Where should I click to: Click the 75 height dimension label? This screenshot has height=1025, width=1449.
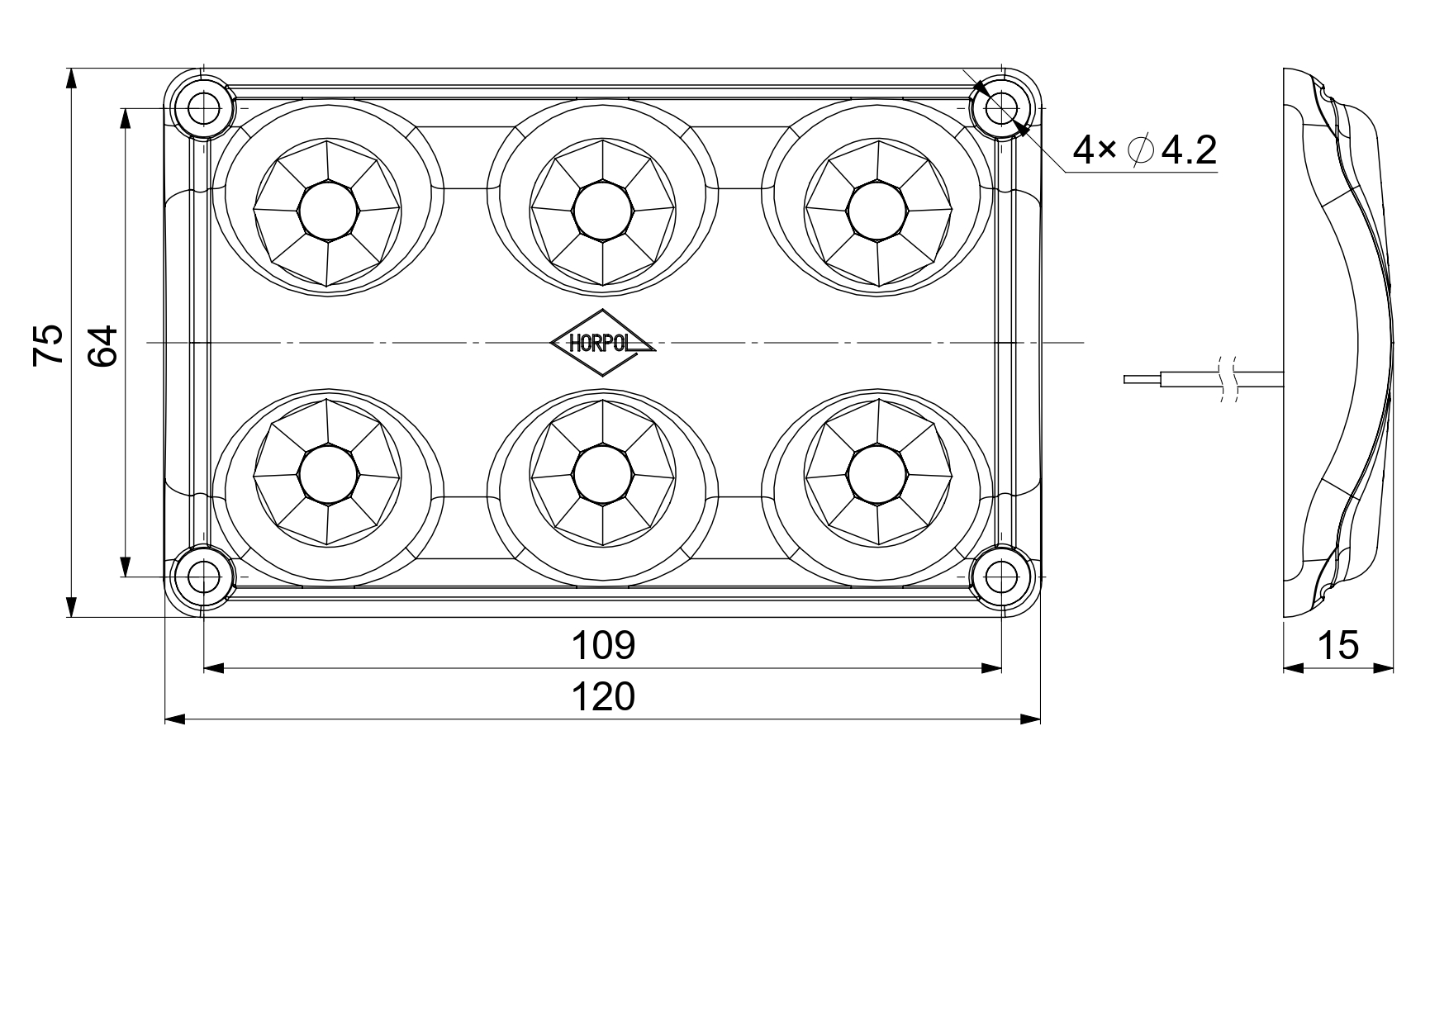click(x=49, y=344)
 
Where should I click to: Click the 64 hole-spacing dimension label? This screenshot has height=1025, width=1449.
click(x=103, y=345)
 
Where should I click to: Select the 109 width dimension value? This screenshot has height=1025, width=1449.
click(x=603, y=645)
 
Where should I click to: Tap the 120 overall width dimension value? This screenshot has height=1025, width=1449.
click(x=603, y=697)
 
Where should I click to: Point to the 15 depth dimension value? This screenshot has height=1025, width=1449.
click(x=1337, y=645)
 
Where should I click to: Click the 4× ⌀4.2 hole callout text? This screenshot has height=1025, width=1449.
click(x=1145, y=149)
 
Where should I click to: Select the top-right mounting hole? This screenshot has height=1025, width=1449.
click(x=1001, y=107)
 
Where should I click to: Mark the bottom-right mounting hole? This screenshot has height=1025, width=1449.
click(x=1001, y=576)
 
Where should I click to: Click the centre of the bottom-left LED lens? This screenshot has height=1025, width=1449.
click(x=328, y=474)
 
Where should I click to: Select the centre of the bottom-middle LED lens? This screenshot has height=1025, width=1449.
click(x=602, y=474)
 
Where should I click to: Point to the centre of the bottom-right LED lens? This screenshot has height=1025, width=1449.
click(x=877, y=474)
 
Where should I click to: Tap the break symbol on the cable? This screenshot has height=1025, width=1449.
click(x=1228, y=379)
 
